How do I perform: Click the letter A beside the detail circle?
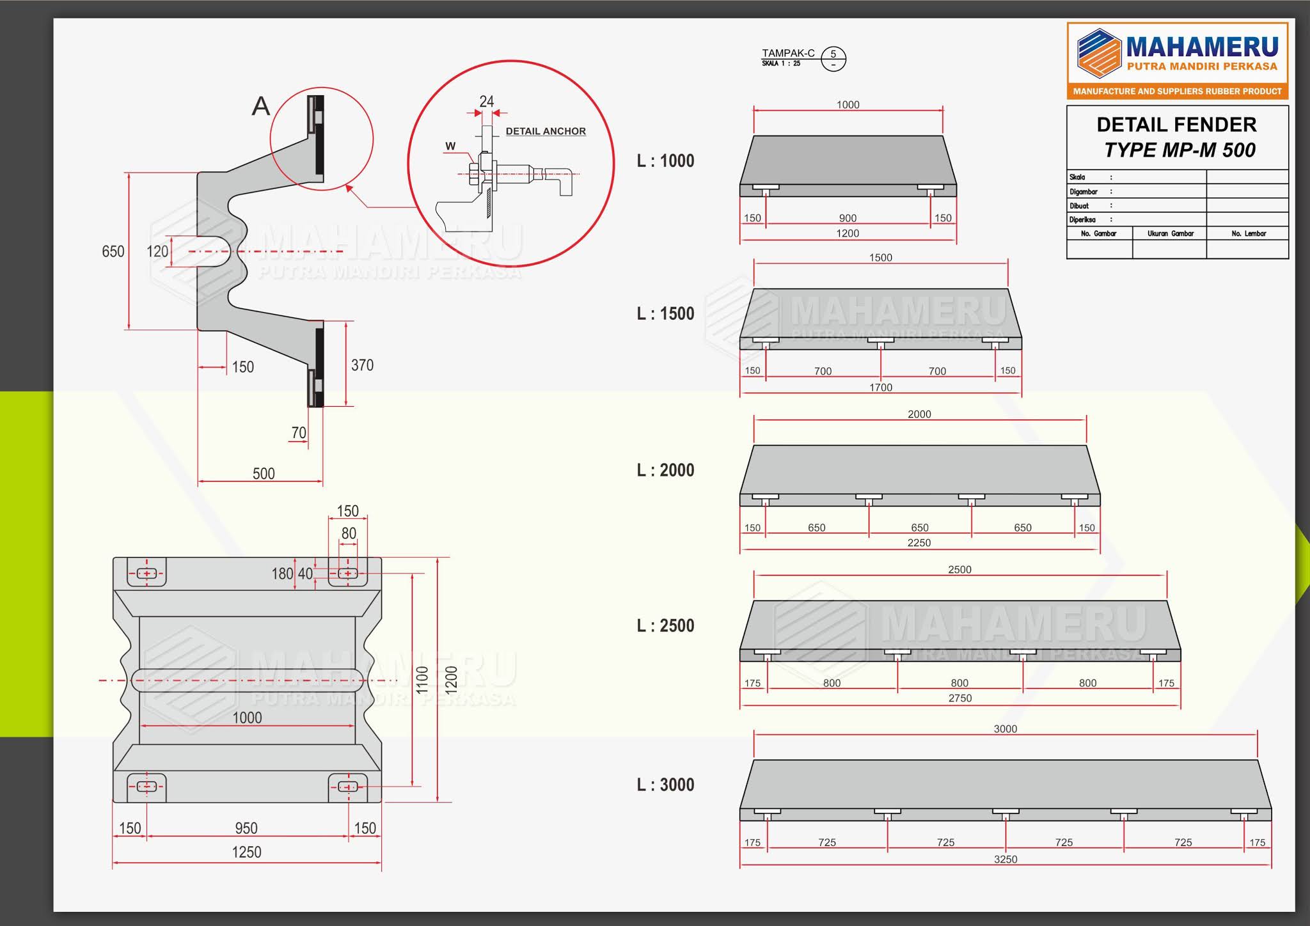click(260, 106)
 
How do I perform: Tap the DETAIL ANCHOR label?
click(546, 131)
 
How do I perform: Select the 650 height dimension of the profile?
click(113, 251)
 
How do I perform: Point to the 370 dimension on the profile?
click(362, 365)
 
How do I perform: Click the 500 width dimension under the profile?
click(264, 474)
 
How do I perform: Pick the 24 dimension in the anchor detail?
click(487, 102)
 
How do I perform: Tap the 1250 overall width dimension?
click(247, 852)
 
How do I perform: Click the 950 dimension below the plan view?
click(246, 828)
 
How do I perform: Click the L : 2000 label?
click(665, 470)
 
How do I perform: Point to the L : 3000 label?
click(665, 785)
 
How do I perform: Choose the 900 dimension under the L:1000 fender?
click(848, 218)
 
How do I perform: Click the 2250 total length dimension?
click(919, 542)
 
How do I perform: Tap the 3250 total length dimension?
click(1006, 859)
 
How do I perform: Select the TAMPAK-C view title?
click(788, 54)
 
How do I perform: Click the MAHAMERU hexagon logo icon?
click(1099, 52)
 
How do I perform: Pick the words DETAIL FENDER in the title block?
click(1176, 124)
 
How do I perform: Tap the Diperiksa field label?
click(1082, 219)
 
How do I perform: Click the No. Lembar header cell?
click(1249, 233)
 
